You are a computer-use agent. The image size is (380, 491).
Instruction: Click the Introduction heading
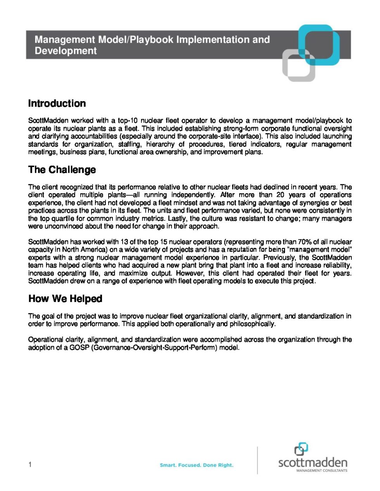57,104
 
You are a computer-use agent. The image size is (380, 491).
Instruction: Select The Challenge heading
62,170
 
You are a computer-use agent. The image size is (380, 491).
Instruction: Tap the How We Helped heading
65,299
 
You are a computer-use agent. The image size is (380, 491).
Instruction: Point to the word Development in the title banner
66,51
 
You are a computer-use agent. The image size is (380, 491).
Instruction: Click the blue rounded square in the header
320,44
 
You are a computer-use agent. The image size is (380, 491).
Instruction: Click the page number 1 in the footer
30,465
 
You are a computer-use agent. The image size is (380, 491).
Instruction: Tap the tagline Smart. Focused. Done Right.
197,465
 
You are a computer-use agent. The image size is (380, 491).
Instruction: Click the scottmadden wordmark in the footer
313,462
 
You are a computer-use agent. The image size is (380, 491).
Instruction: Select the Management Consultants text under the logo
322,471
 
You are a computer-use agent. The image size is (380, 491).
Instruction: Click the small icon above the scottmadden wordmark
301,449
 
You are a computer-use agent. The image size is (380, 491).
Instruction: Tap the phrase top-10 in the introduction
128,121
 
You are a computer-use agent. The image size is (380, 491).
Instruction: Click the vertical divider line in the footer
257,460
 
